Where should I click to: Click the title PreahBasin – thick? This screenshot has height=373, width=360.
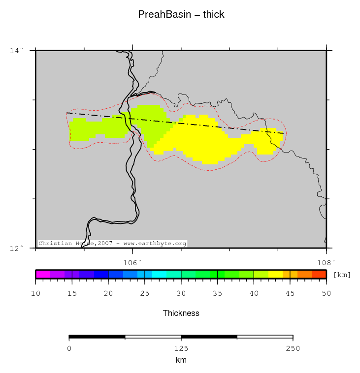point(181,14)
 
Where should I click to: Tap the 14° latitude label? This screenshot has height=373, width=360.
point(17,50)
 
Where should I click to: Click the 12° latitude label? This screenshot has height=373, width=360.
point(17,248)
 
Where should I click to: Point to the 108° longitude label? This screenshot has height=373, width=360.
point(326,262)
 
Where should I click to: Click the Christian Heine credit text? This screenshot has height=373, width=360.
point(112,244)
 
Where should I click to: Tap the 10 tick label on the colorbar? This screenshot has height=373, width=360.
point(35,293)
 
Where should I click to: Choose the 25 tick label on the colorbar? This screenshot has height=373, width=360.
point(145,293)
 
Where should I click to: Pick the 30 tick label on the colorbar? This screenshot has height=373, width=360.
point(181,293)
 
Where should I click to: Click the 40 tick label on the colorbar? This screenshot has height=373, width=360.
point(254,293)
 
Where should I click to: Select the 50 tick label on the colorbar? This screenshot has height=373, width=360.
point(327,293)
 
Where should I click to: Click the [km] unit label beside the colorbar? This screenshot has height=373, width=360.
point(342,275)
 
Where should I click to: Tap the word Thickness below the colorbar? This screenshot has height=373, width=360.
point(181,313)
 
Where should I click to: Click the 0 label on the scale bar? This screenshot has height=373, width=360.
point(69,349)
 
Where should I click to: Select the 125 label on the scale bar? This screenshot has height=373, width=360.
point(181,349)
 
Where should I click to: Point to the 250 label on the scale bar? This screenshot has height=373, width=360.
point(293,349)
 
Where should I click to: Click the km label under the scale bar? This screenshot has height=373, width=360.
point(181,360)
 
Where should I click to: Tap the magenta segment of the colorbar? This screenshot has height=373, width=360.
point(43,275)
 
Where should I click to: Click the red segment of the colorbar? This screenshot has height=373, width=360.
point(319,275)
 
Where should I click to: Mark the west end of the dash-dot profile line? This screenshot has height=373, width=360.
point(67,113)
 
